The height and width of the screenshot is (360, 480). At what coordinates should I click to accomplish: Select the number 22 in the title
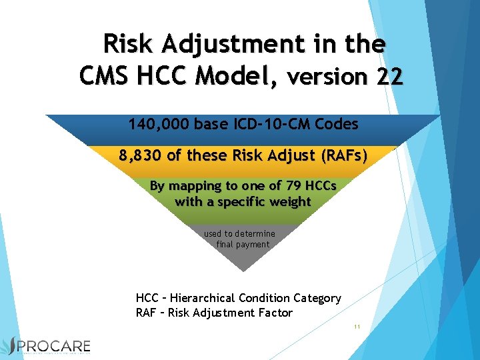pos(389,77)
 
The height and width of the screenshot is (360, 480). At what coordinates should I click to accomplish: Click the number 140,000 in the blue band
pos(159,124)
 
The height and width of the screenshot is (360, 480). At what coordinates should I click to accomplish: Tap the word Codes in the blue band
pos(337,124)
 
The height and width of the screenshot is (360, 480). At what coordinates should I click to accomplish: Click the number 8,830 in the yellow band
pos(141,155)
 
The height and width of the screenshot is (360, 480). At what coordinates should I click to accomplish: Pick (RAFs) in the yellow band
pos(344,155)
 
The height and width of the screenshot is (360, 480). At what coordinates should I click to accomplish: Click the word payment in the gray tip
pos(253,245)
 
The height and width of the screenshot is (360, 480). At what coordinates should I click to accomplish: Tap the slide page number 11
pos(357,327)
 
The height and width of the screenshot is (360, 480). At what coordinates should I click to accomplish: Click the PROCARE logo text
pos(59,346)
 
